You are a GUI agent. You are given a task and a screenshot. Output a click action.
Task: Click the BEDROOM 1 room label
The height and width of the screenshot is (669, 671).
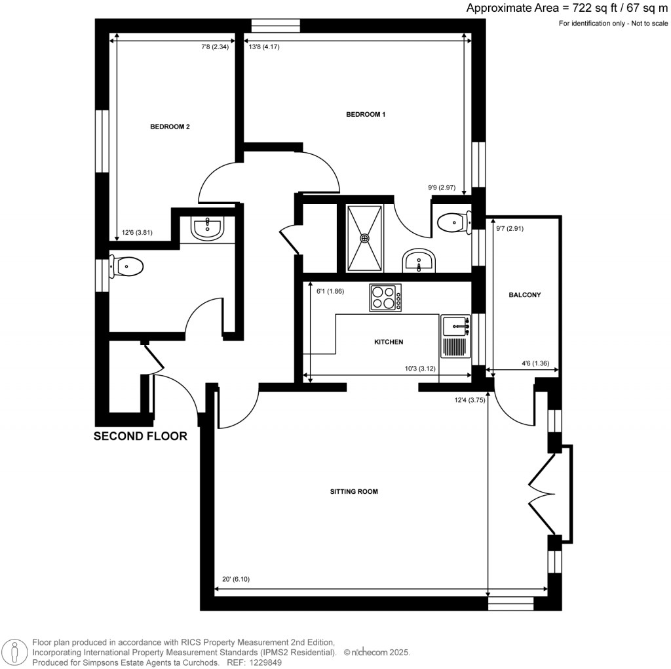tap(366, 115)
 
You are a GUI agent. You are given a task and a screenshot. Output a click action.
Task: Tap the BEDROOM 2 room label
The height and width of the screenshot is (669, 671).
tap(170, 127)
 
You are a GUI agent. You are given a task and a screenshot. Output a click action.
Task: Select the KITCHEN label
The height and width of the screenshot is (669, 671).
tap(388, 342)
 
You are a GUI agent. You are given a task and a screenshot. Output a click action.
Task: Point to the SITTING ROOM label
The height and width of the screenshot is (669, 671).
tap(355, 491)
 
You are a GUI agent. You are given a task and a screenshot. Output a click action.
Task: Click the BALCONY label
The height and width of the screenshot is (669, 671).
tap(525, 295)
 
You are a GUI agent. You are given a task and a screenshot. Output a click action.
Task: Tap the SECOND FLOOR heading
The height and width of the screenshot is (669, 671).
tap(141, 436)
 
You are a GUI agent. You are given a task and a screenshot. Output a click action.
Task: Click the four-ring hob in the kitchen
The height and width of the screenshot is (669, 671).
tap(385, 297)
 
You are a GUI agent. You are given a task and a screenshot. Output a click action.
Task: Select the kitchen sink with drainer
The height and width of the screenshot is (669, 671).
tap(456, 335)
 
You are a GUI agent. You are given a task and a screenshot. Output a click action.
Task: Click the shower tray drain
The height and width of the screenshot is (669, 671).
tap(365, 237)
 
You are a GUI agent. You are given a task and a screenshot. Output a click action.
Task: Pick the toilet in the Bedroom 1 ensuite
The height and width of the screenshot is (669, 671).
tap(453, 223)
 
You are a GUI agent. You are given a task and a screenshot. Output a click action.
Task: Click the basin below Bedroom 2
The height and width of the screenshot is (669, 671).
tap(208, 228)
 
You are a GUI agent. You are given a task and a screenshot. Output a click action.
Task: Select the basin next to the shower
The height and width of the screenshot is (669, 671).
tap(417, 260)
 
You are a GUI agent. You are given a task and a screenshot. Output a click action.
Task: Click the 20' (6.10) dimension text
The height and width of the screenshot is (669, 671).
tap(236, 579)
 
